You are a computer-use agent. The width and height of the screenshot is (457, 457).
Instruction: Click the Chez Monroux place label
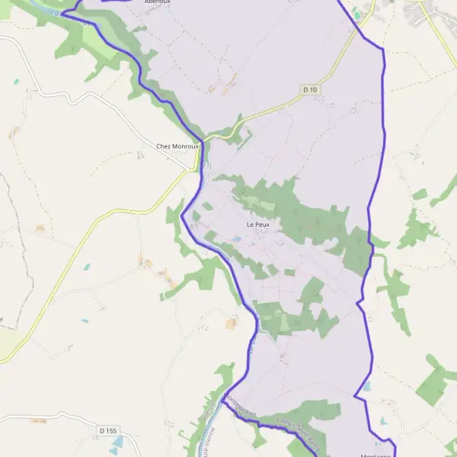click(x=177, y=146)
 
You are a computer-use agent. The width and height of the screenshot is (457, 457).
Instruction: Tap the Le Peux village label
click(x=258, y=225)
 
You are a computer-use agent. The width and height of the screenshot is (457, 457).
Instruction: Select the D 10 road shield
click(x=309, y=90)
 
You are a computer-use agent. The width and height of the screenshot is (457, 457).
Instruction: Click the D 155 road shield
click(x=108, y=431)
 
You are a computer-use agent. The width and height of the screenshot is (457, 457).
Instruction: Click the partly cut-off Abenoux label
click(x=158, y=2)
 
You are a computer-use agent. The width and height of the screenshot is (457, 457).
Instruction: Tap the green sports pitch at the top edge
click(x=356, y=13)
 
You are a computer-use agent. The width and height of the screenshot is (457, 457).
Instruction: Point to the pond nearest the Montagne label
click(x=382, y=421)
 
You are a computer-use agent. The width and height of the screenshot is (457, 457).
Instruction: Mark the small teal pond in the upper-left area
click(x=15, y=81)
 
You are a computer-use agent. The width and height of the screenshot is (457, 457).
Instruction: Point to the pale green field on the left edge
click(x=6, y=343)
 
